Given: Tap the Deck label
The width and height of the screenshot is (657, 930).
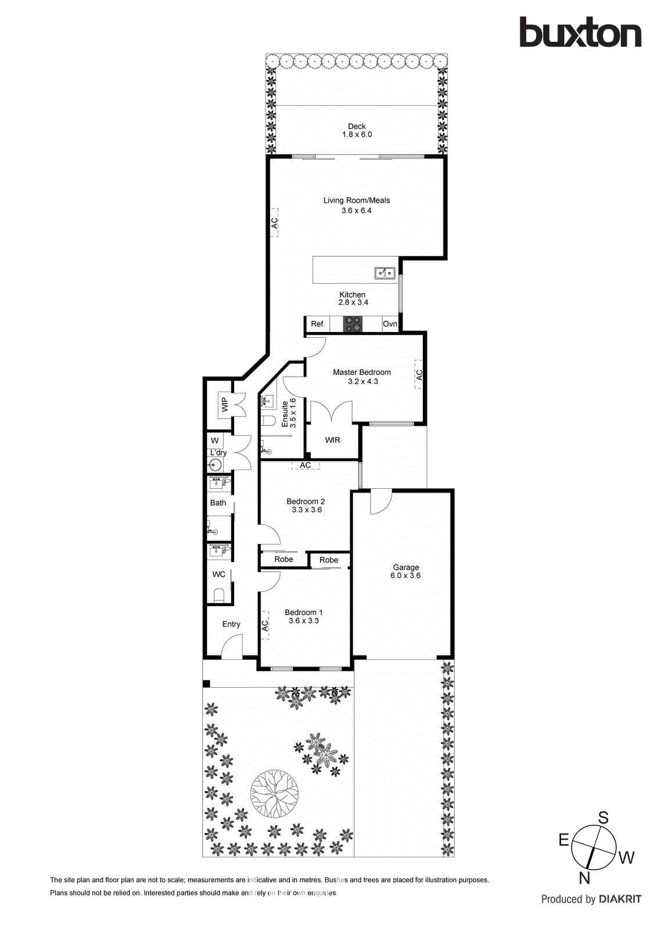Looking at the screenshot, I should pyautogui.click(x=357, y=126).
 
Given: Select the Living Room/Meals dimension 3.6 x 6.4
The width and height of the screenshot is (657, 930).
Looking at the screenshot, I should pyautogui.click(x=356, y=210).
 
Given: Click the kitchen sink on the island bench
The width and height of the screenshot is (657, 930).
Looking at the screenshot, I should pyautogui.click(x=385, y=272).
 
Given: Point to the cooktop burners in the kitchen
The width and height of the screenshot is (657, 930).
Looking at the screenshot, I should pyautogui.click(x=352, y=324).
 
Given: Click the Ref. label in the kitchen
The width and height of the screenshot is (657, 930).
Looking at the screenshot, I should pyautogui.click(x=318, y=324).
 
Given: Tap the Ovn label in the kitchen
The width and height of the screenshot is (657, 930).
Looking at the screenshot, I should pyautogui.click(x=390, y=324).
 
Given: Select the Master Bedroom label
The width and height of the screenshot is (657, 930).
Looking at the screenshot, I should pyautogui.click(x=361, y=372).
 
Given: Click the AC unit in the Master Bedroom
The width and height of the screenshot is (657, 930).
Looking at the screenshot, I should pyautogui.click(x=419, y=375).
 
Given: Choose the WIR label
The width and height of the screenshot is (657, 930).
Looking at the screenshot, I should pyautogui.click(x=332, y=440).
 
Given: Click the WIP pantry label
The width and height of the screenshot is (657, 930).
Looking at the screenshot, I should pyautogui.click(x=224, y=404).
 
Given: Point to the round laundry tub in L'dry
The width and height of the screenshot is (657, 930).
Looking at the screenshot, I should pyautogui.click(x=216, y=464).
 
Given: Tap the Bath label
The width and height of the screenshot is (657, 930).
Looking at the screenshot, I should pyautogui.click(x=218, y=503).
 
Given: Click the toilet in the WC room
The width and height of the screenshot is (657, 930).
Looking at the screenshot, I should pyautogui.click(x=219, y=595).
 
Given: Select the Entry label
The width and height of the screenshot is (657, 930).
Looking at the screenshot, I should pyautogui.click(x=231, y=624).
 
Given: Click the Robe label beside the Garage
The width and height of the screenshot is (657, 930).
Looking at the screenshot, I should pyautogui.click(x=328, y=560).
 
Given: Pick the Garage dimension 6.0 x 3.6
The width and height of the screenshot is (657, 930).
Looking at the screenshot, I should pyautogui.click(x=405, y=575).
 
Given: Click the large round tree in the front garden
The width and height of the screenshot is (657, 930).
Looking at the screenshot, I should pyautogui.click(x=275, y=793).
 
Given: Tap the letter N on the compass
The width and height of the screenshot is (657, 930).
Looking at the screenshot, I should pyautogui.click(x=584, y=878).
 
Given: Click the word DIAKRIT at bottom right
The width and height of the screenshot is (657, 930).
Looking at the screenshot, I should pyautogui.click(x=620, y=899).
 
